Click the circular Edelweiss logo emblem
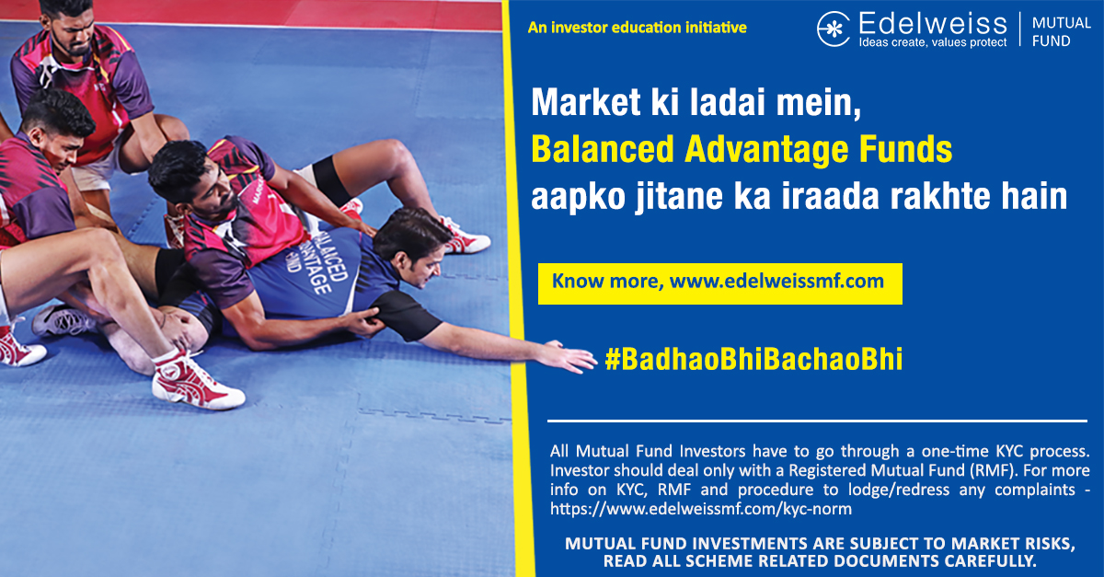834,29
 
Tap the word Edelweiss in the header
933,23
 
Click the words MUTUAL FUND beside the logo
1061,31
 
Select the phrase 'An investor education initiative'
638,28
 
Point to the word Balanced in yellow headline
603,149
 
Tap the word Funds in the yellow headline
906,149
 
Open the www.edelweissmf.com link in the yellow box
776,281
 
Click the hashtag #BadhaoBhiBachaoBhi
754,359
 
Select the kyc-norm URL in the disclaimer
701,509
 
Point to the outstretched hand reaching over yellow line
569,356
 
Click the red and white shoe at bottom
196,382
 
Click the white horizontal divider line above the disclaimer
817,421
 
